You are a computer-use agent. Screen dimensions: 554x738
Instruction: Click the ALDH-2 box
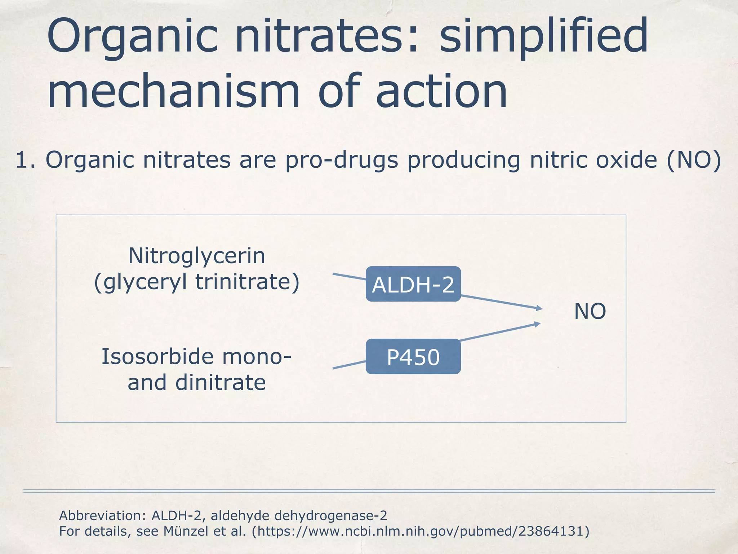[413, 284]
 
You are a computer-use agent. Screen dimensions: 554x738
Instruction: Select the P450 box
[413, 357]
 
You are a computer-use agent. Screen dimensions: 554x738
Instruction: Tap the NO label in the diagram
[590, 311]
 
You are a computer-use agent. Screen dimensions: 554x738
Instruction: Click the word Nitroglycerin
[197, 256]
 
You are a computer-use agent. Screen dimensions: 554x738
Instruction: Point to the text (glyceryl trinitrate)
[197, 282]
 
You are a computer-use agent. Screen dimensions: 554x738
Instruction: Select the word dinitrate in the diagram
[221, 383]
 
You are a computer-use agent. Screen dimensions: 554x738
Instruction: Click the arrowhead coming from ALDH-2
[539, 308]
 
